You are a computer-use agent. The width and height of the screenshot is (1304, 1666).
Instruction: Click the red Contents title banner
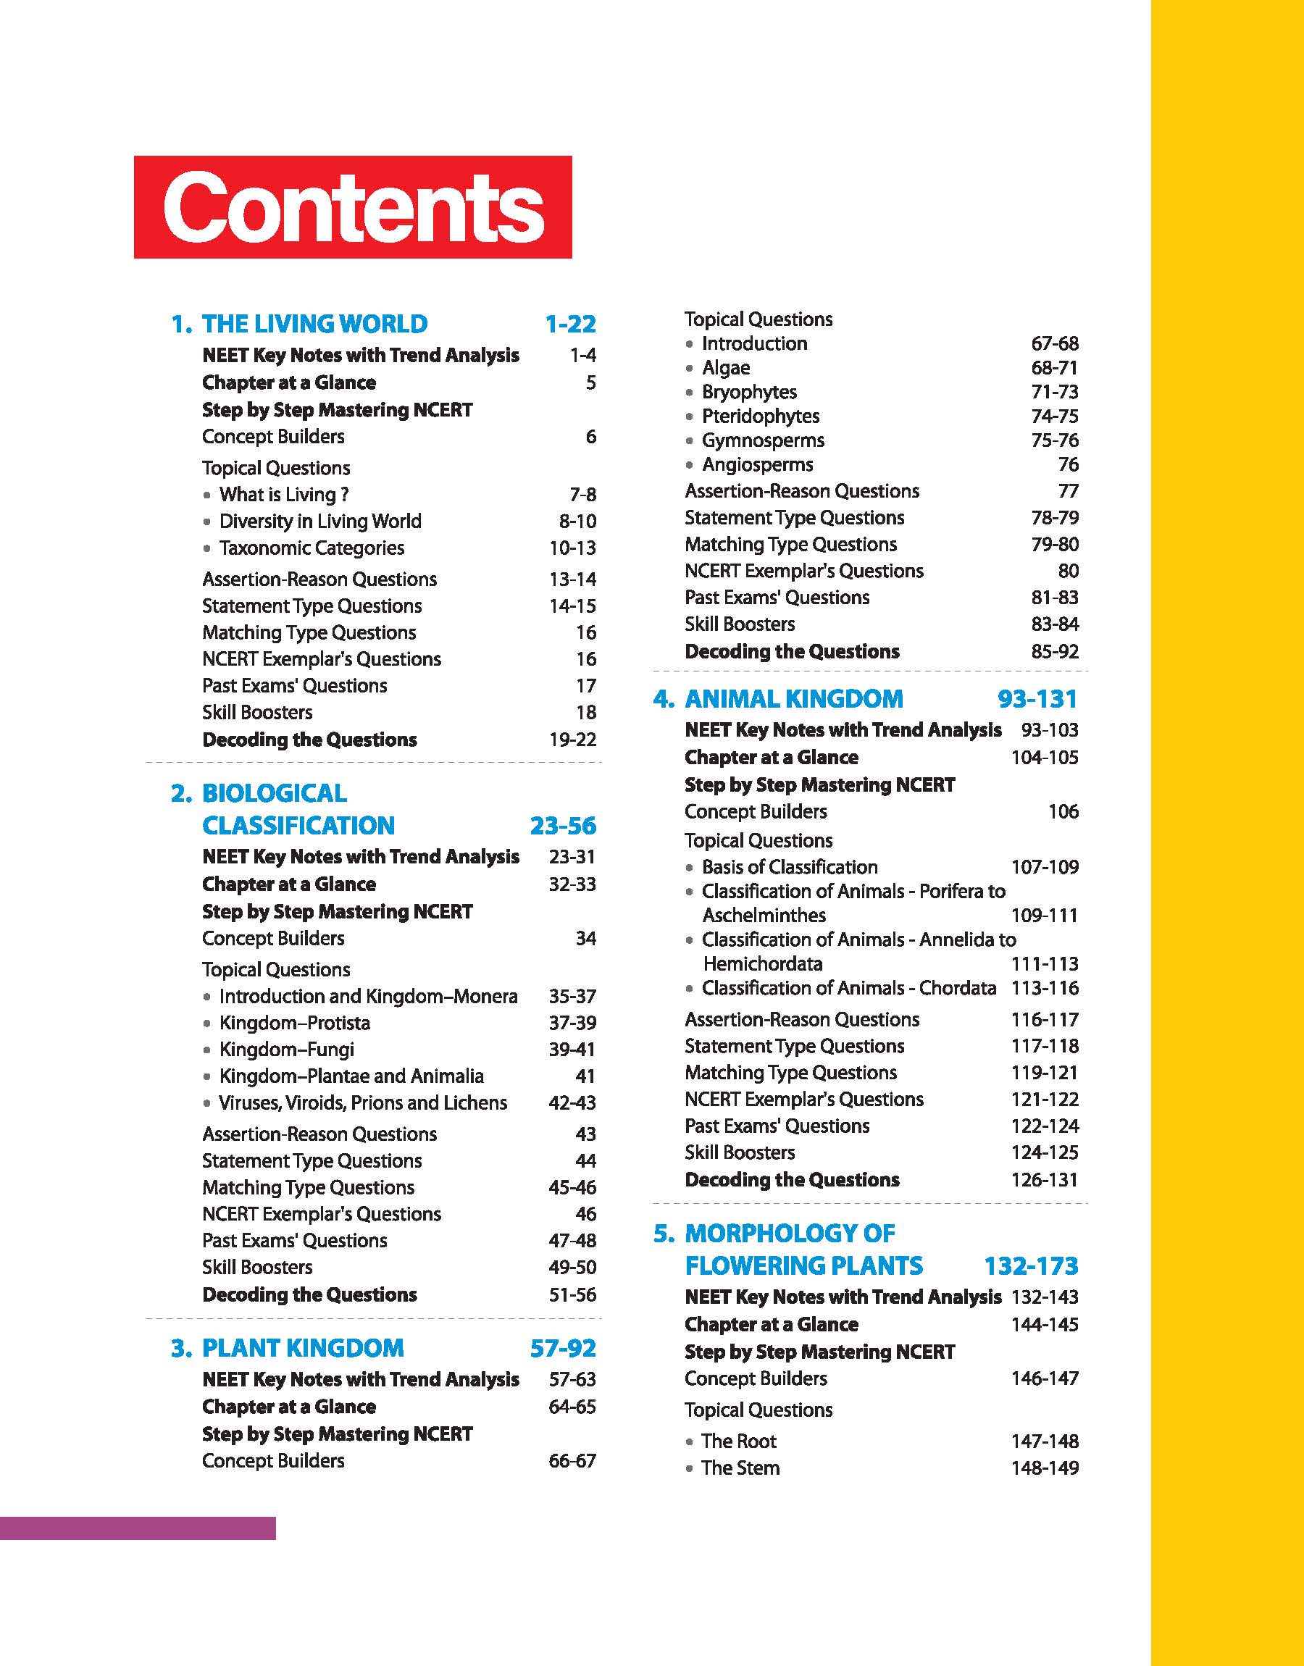point(353,207)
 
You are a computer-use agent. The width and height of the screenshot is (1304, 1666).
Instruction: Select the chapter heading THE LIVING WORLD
point(314,325)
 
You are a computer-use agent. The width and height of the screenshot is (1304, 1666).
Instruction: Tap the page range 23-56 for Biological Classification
point(563,826)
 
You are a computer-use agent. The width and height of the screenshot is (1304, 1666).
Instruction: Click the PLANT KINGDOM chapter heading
point(302,1349)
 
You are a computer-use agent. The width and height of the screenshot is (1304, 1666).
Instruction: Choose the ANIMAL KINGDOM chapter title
point(793,699)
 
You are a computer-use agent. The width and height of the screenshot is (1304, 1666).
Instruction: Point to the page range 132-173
point(1031,1266)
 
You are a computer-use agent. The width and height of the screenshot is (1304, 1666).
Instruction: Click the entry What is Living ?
point(283,495)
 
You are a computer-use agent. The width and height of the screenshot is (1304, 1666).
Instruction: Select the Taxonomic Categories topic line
point(312,548)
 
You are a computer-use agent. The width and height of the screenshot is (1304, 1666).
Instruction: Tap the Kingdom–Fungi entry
point(286,1050)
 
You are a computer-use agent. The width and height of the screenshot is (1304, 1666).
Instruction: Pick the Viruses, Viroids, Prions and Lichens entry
point(363,1102)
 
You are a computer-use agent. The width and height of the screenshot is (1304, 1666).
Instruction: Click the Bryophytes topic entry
point(749,393)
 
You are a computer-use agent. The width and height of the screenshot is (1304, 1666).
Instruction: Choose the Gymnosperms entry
point(763,440)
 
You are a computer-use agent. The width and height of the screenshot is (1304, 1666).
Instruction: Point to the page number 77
point(1068,490)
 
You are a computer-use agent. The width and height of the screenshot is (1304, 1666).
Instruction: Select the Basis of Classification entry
point(790,867)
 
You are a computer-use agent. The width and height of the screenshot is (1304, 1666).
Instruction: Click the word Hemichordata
point(763,964)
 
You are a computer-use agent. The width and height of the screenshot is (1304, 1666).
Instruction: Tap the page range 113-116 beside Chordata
point(1045,988)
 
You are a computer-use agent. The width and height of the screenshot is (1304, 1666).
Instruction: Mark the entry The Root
point(738,1441)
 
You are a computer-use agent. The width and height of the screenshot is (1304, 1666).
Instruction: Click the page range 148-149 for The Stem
point(1045,1468)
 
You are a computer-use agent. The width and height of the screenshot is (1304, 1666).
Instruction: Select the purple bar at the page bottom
point(138,1528)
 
